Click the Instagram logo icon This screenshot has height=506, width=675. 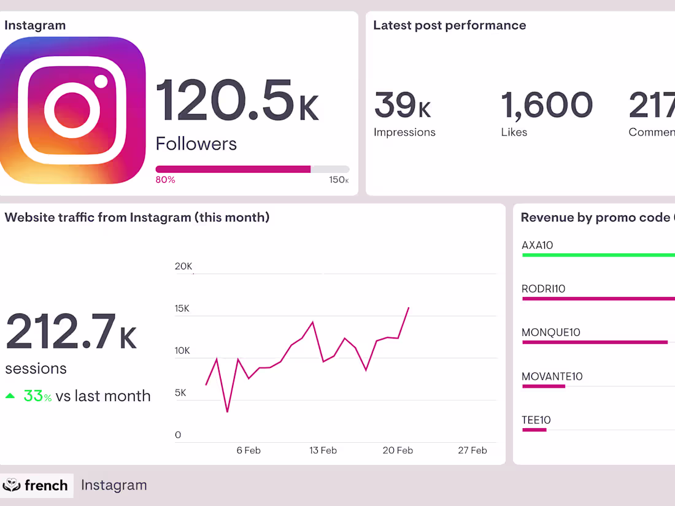click(72, 110)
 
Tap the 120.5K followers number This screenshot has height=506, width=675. click(236, 101)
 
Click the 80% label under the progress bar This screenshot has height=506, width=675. click(165, 180)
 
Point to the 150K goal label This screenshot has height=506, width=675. click(339, 180)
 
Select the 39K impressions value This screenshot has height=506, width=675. click(403, 105)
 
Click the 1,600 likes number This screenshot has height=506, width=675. click(547, 105)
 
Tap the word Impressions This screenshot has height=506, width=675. click(404, 132)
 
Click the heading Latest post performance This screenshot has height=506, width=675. click(449, 26)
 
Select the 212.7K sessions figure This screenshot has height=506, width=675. click(71, 333)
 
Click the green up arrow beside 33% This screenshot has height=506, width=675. click(10, 396)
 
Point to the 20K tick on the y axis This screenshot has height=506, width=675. click(183, 266)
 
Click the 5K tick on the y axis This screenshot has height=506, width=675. click(180, 393)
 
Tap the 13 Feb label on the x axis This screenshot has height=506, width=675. click(323, 450)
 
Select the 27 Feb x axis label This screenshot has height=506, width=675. click(472, 450)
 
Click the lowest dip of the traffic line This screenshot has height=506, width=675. click(227, 412)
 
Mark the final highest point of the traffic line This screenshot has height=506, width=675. click(409, 308)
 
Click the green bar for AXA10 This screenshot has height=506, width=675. click(598, 255)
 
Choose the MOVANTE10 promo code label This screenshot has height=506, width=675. click(552, 377)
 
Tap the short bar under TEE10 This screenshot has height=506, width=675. click(534, 430)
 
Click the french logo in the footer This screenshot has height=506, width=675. click(36, 485)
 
